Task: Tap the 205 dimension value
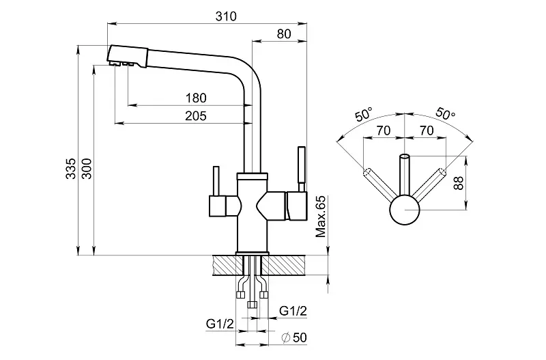tap(196, 115)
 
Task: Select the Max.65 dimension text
tap(320, 216)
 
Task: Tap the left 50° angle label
tap(364, 114)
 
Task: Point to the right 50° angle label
tap(444, 114)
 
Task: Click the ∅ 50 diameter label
tap(293, 337)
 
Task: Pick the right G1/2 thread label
tap(292, 311)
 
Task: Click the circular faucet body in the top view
tap(403, 209)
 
